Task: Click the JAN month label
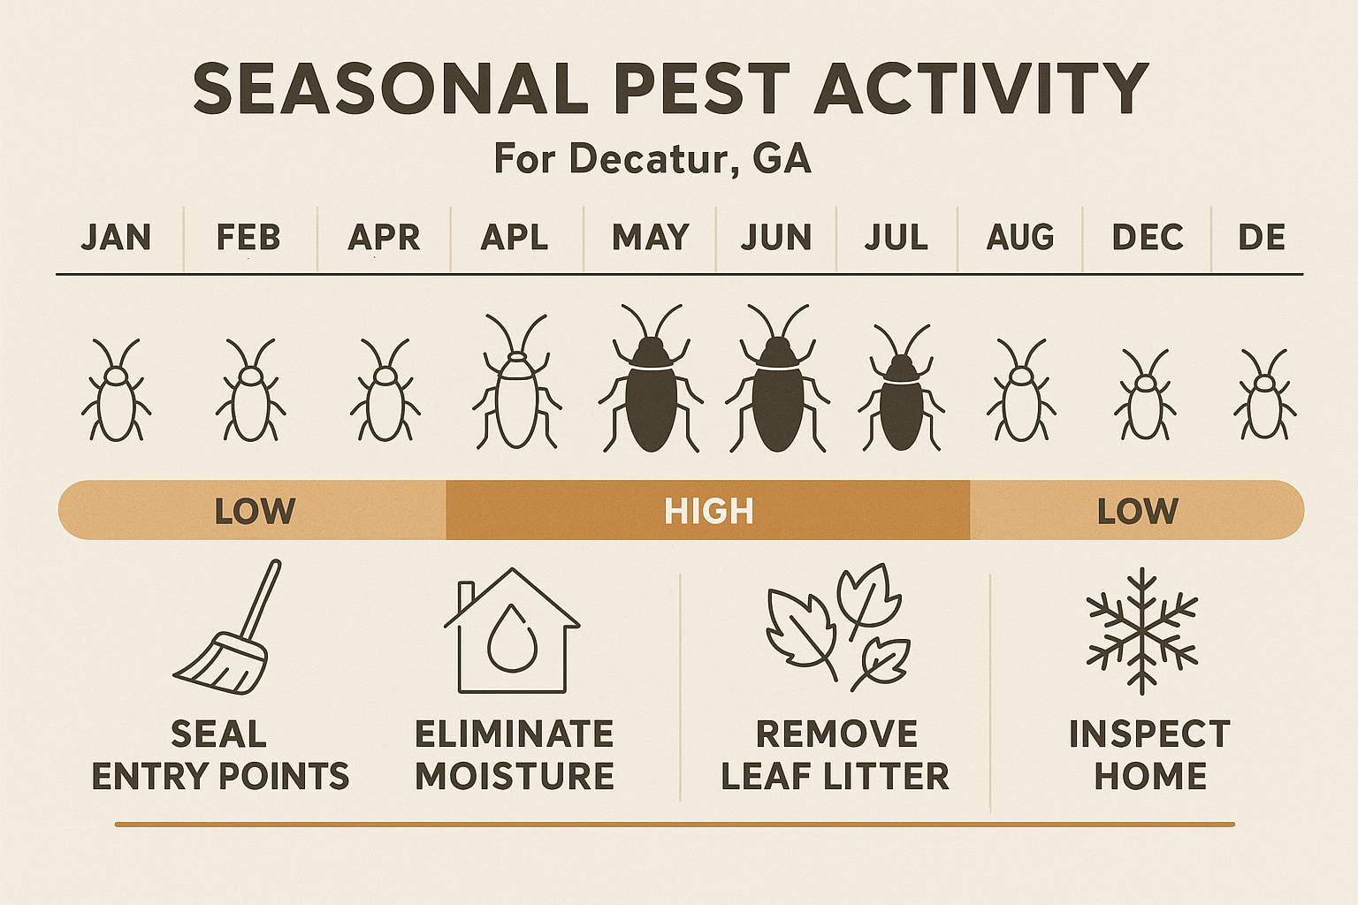coord(116,238)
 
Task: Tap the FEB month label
coord(248,238)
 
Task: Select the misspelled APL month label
coord(515,238)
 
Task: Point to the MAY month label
coord(651,238)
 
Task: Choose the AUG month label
coord(1020,238)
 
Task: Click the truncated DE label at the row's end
coord(1262,238)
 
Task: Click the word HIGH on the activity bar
coord(709,512)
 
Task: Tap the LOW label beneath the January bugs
coord(255,512)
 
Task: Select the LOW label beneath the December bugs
coord(1138,512)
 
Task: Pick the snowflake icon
coord(1142,630)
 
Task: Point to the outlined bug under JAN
coord(116,393)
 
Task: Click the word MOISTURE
coord(515,777)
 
